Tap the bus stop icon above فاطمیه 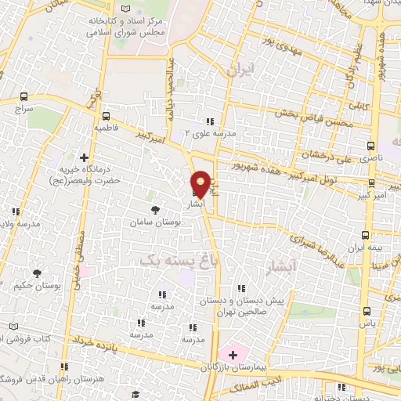106,115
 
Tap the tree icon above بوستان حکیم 34,271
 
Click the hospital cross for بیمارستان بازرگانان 232,355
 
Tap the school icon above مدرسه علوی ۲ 209,121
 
